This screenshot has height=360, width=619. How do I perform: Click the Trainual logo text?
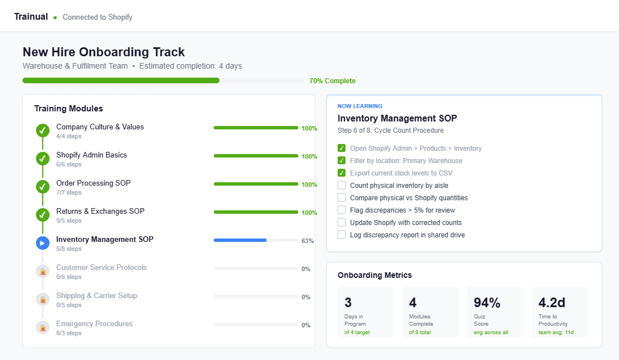click(x=31, y=17)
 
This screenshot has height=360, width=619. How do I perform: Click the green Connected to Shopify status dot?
click(x=55, y=17)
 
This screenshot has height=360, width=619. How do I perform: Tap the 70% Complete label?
click(x=332, y=81)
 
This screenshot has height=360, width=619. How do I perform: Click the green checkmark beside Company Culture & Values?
click(x=43, y=131)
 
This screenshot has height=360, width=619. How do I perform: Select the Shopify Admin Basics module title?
click(x=91, y=155)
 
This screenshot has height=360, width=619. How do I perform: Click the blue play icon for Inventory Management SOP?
click(x=43, y=244)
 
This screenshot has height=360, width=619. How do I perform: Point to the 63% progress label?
click(x=307, y=241)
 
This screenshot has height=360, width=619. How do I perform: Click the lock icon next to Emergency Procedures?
click(x=43, y=328)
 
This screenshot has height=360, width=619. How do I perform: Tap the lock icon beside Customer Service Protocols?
click(x=43, y=272)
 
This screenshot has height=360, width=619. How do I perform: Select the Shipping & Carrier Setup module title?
click(x=96, y=296)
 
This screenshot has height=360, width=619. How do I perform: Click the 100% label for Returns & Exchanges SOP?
click(x=309, y=213)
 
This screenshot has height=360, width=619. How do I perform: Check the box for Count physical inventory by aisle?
click(x=342, y=185)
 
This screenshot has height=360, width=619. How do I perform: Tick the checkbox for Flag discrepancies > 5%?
click(x=342, y=210)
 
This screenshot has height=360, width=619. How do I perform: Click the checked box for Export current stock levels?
click(x=342, y=173)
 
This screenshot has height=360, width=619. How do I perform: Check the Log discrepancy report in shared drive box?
click(x=342, y=235)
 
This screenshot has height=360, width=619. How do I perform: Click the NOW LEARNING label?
click(x=360, y=106)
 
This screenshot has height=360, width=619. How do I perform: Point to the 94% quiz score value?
click(x=487, y=303)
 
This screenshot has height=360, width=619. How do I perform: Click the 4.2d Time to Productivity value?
click(x=551, y=303)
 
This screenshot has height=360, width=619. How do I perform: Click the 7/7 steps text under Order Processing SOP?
click(x=69, y=192)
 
